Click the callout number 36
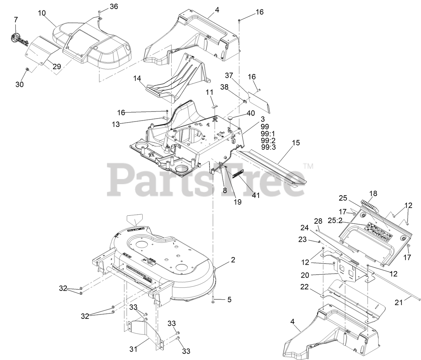click(114, 6)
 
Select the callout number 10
click(42, 13)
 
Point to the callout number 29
click(57, 66)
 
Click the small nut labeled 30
click(28, 69)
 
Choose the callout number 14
click(137, 79)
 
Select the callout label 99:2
click(268, 140)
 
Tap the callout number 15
click(296, 143)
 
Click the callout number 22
click(305, 287)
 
